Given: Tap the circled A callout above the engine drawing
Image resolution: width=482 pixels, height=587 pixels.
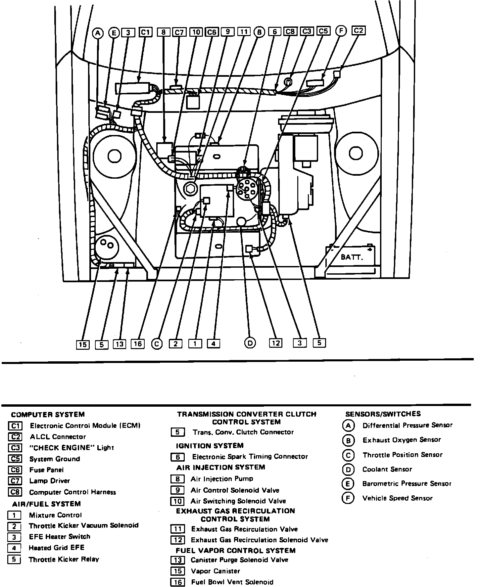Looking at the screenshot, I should point(98,33).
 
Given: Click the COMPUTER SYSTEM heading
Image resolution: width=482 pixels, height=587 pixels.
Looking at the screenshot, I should point(48,415).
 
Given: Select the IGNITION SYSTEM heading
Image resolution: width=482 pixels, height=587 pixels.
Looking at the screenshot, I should point(210,446).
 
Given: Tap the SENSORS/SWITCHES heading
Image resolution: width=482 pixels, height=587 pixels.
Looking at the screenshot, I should point(383,414).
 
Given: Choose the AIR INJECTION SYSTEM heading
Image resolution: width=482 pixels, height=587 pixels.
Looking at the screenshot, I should point(221,467).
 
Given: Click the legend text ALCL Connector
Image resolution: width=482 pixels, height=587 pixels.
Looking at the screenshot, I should point(58,437).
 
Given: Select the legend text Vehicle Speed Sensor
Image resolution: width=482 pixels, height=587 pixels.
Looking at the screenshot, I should point(397,498).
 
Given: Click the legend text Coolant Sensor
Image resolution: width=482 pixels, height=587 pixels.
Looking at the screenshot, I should point(387,469).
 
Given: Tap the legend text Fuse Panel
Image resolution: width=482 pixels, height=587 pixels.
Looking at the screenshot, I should point(46,470).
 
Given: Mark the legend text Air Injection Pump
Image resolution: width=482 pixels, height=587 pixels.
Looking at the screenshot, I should point(222,479).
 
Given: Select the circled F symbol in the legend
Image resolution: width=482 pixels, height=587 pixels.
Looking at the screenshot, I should point(348,498).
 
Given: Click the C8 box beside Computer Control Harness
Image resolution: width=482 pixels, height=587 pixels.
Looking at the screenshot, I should point(15,492).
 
